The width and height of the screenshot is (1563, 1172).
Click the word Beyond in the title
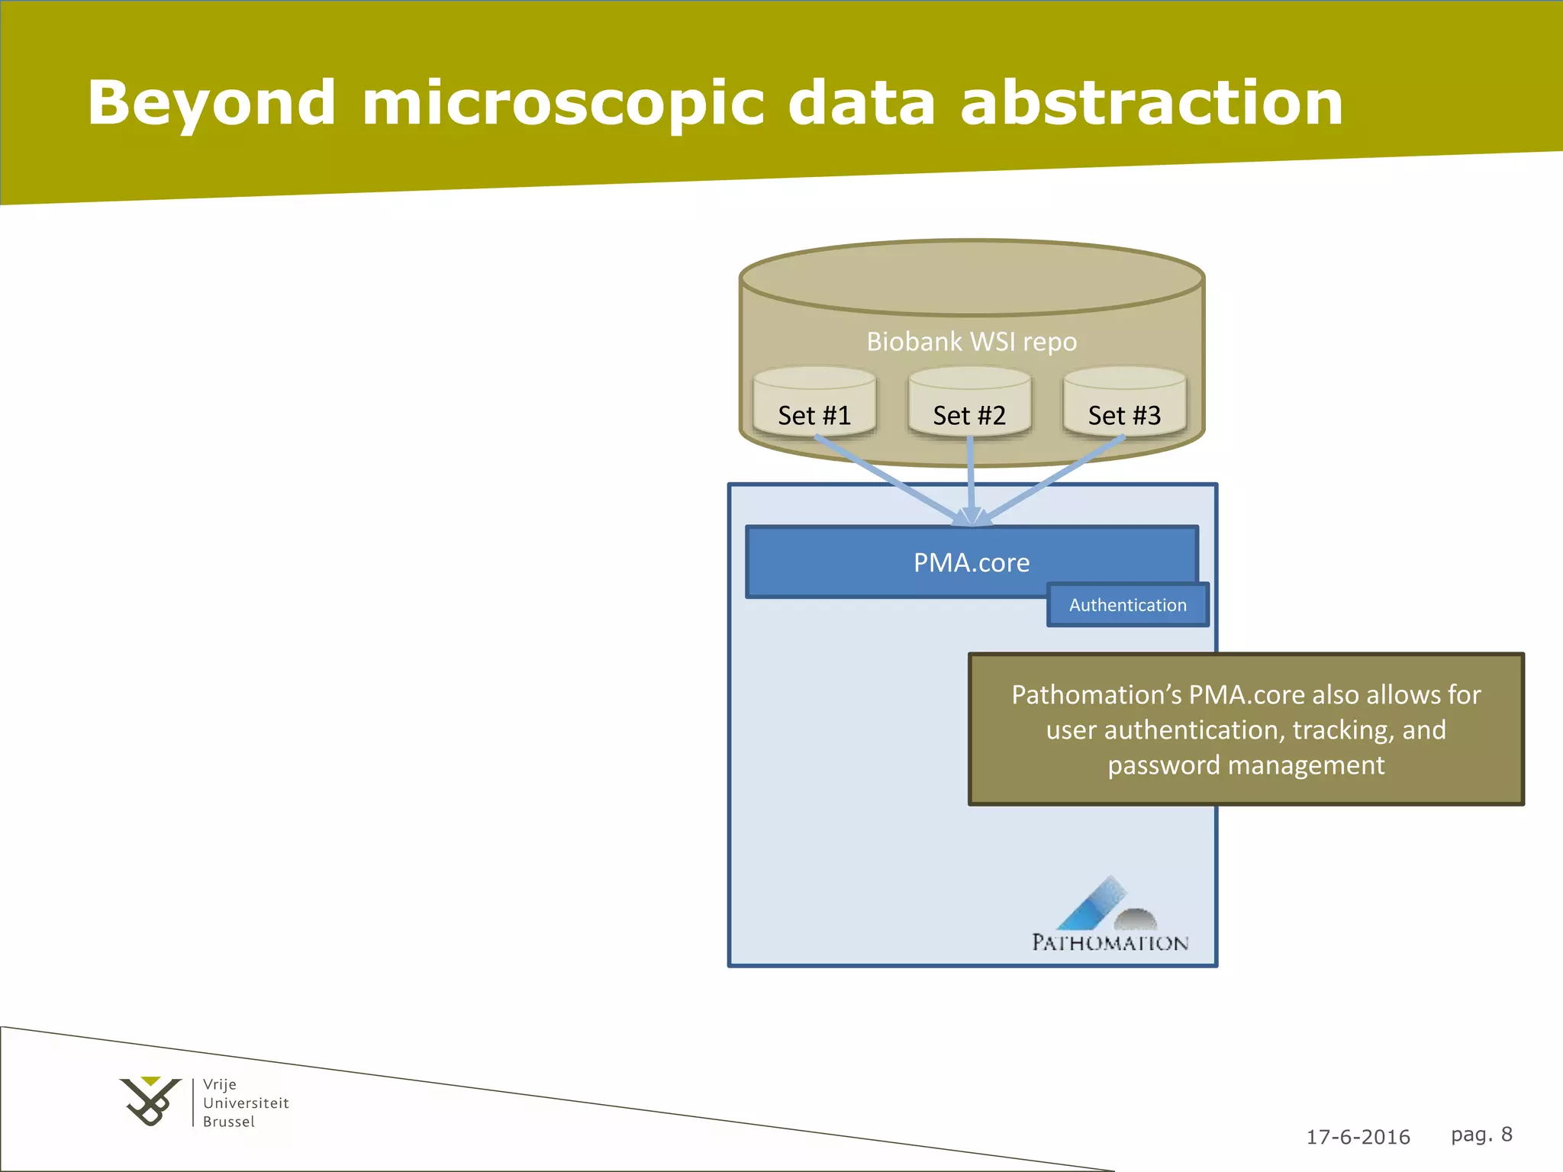click(211, 103)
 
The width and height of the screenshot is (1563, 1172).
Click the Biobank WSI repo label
click(972, 341)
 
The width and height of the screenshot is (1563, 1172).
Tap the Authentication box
click(1127, 605)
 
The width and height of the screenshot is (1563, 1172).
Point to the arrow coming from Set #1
click(885, 479)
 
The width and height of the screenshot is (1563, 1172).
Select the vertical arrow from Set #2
click(971, 477)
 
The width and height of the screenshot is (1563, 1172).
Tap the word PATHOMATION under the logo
click(1110, 943)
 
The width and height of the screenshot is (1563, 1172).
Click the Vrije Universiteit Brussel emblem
click(150, 1101)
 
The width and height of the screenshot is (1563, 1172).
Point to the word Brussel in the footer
click(228, 1122)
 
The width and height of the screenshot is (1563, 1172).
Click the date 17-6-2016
click(1358, 1137)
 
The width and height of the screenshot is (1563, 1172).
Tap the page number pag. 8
click(1481, 1135)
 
